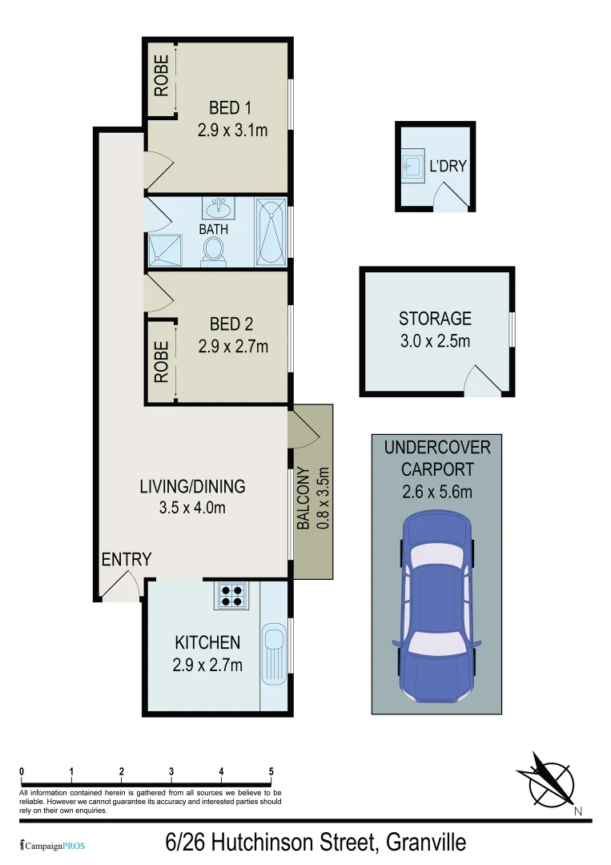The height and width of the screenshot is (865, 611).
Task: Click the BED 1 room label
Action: (231, 107)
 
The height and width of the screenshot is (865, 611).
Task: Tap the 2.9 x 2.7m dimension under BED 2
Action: (233, 346)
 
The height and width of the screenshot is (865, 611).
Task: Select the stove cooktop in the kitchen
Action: (232, 594)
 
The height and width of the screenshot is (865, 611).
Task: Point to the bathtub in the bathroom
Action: (270, 232)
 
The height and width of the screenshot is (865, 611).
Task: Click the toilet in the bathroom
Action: (214, 250)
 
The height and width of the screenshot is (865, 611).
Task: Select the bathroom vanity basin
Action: (218, 210)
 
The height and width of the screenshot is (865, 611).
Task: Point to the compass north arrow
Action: (552, 779)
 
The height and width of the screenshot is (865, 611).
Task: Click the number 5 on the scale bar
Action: (271, 772)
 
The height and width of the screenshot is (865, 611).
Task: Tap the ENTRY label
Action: (126, 560)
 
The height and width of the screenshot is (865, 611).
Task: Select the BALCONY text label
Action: (303, 498)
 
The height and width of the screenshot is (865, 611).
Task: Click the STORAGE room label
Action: (435, 319)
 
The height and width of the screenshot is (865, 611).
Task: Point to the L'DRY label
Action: (448, 167)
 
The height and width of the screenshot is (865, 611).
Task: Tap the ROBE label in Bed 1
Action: (162, 74)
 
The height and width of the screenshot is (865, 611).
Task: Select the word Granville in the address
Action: (425, 843)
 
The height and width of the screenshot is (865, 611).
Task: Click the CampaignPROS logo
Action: (53, 845)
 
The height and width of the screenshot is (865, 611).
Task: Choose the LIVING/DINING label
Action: (192, 486)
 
